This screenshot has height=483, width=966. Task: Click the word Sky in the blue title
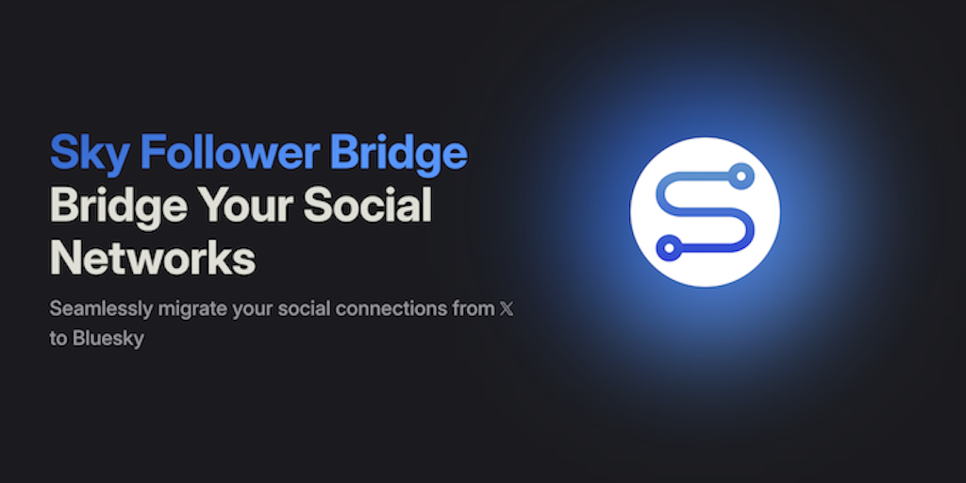(90, 154)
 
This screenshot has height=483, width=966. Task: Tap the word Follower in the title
(229, 152)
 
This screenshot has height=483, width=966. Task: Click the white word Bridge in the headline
(118, 207)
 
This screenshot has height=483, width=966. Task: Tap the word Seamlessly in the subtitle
(101, 309)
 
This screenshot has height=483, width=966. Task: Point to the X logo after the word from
(506, 308)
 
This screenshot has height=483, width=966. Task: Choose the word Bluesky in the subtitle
(108, 339)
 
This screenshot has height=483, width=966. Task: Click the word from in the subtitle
(474, 308)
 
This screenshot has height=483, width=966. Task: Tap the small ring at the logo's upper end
(741, 176)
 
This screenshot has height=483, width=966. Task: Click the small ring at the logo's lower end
(669, 248)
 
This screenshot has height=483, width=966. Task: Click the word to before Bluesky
(58, 339)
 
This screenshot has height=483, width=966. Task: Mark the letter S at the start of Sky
(61, 153)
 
